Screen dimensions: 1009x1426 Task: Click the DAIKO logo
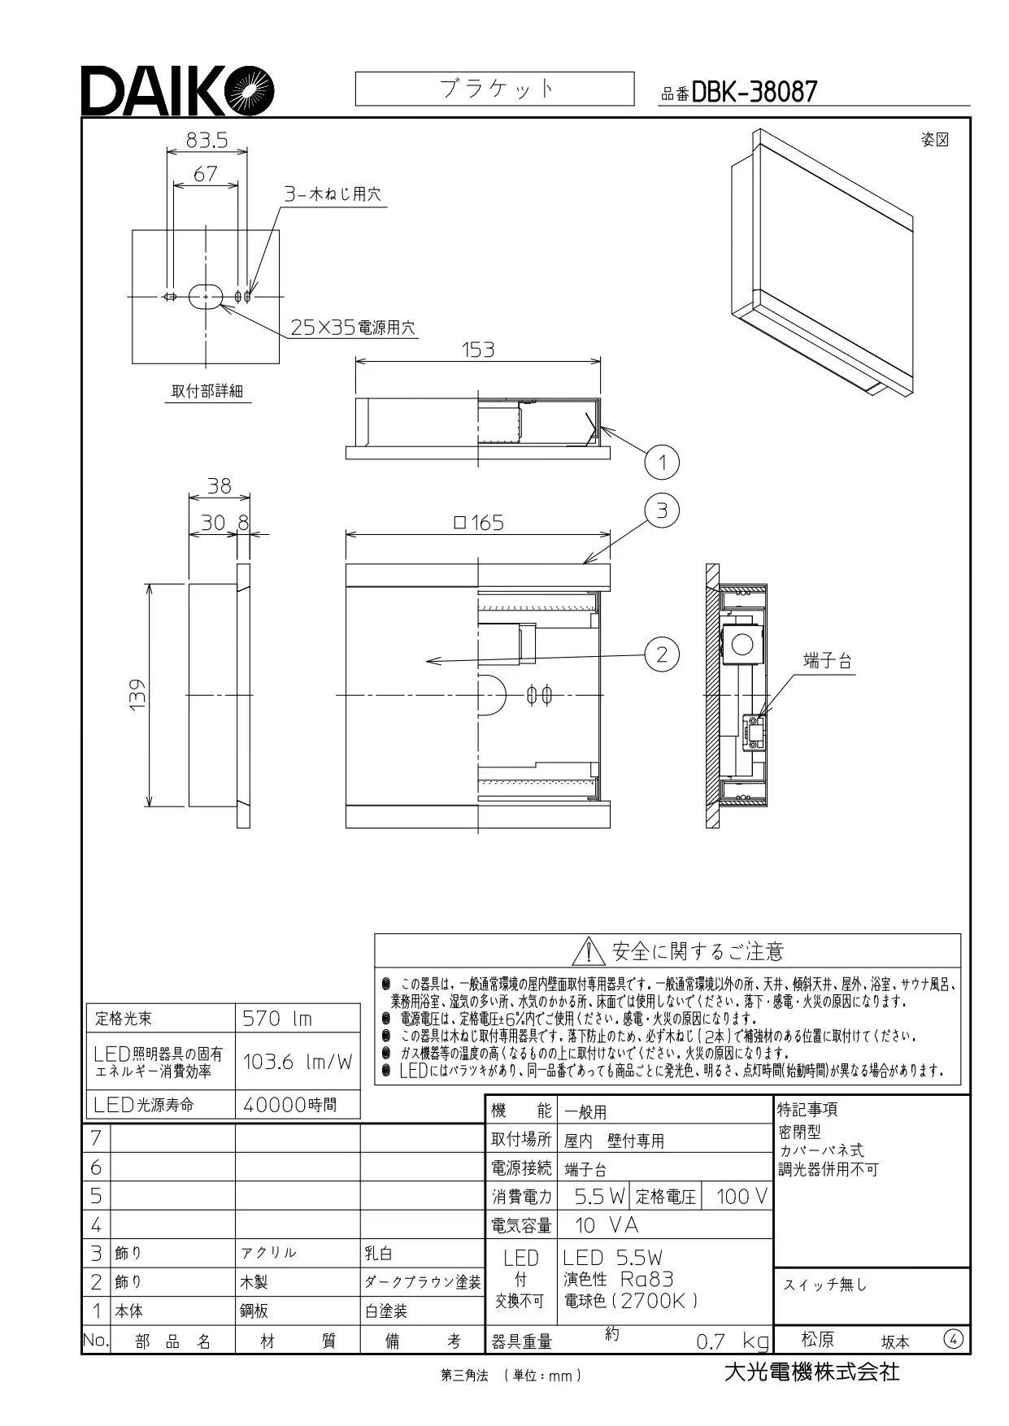click(177, 90)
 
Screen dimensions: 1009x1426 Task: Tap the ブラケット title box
click(494, 89)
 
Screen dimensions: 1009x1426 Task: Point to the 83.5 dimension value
click(207, 141)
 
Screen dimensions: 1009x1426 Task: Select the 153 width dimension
click(478, 350)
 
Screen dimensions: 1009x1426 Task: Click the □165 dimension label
click(478, 523)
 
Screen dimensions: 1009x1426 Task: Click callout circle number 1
click(662, 463)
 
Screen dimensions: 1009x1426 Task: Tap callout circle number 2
click(662, 654)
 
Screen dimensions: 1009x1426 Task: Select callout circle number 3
click(662, 511)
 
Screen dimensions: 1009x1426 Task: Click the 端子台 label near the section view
click(827, 661)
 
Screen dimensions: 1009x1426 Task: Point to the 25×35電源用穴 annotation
click(353, 328)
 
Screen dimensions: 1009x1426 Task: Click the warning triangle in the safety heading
click(585, 951)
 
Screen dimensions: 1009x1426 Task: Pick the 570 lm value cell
click(298, 1018)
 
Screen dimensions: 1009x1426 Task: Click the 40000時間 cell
click(298, 1105)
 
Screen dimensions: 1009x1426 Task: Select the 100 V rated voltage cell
click(736, 1196)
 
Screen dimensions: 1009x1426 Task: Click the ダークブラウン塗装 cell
click(422, 1282)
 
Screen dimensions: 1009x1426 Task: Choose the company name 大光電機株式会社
click(812, 1373)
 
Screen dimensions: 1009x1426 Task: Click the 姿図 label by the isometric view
click(935, 140)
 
